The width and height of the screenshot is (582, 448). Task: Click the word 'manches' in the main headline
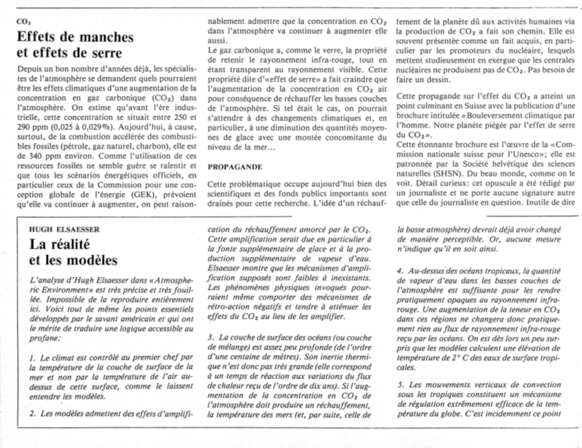click(x=107, y=37)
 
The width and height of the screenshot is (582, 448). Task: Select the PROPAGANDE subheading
click(x=235, y=167)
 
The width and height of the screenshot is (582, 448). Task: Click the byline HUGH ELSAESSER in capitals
click(x=64, y=230)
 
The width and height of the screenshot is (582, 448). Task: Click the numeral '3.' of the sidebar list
click(x=211, y=338)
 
